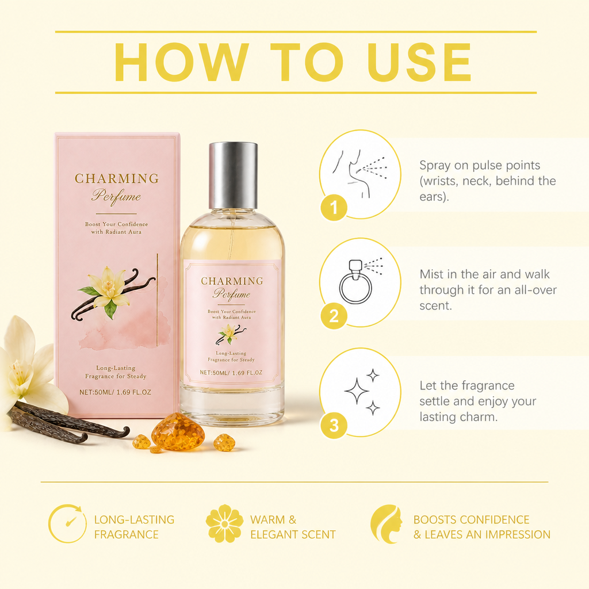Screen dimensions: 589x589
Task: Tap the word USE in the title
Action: [x=419, y=62]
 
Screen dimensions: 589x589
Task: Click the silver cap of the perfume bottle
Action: [x=234, y=175]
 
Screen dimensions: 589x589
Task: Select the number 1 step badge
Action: [x=334, y=207]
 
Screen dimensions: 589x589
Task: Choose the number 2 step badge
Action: [x=334, y=316]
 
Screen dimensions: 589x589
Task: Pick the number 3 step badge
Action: [x=334, y=425]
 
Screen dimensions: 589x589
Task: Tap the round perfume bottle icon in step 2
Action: [x=355, y=282]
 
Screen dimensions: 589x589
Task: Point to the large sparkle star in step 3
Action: [x=357, y=391]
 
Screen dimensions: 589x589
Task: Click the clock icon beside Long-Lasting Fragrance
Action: [x=67, y=523]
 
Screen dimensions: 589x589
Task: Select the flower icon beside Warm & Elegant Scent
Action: [x=225, y=523]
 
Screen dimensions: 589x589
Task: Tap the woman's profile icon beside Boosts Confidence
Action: [x=386, y=524]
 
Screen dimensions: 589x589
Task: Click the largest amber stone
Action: [x=178, y=432]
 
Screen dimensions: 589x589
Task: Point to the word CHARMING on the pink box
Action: [x=117, y=178]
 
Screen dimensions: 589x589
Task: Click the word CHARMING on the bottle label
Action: [x=232, y=281]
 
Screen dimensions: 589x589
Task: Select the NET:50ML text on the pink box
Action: [x=95, y=392]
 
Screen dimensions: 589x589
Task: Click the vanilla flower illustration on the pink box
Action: [x=112, y=292]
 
